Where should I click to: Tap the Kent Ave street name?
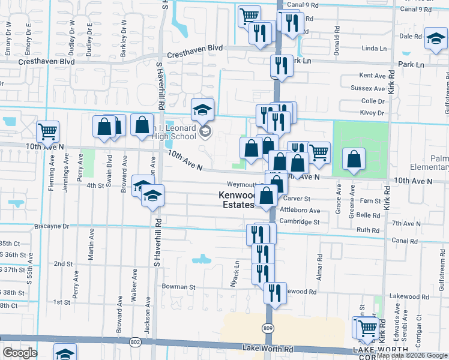372,76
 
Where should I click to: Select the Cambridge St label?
300,221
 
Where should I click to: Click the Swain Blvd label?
109,167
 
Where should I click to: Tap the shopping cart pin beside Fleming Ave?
48,131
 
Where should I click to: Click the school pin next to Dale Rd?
435,40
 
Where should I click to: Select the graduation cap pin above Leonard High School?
203,109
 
